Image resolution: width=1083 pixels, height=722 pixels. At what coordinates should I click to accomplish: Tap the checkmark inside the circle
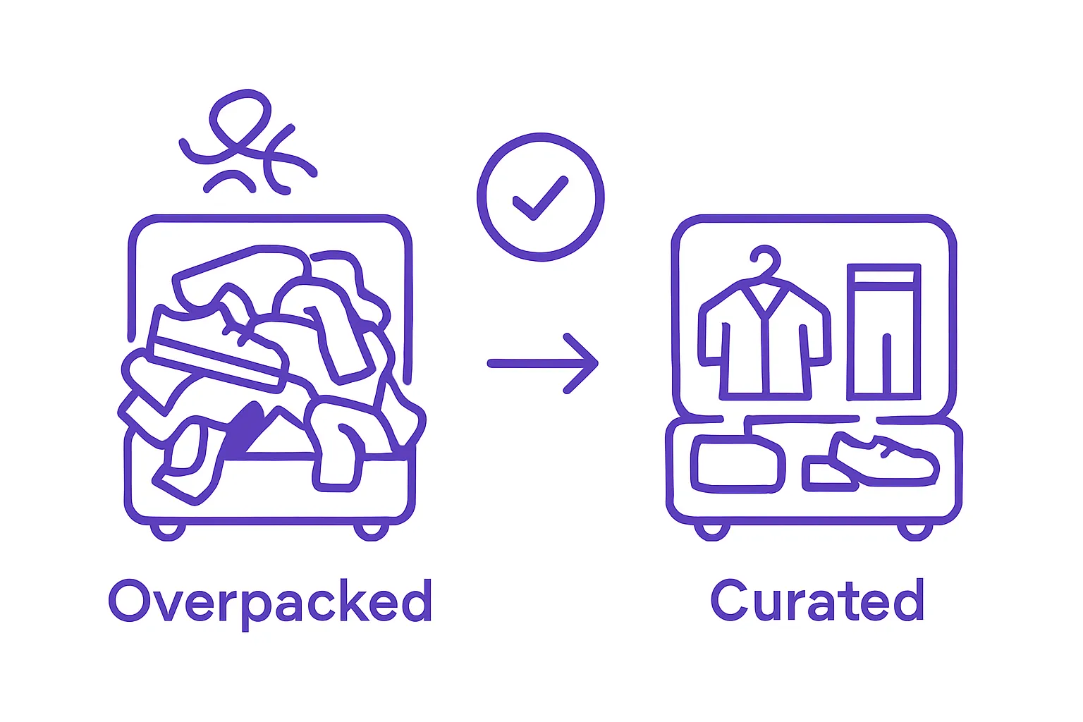[x=540, y=198]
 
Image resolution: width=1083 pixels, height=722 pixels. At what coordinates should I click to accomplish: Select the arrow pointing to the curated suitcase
[x=543, y=363]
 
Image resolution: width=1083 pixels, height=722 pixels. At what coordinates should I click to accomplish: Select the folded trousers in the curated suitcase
[x=883, y=332]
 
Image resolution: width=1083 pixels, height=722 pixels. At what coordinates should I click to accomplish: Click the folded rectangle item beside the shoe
[x=738, y=464]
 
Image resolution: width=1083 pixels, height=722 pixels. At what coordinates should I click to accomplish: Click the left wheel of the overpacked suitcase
[x=168, y=532]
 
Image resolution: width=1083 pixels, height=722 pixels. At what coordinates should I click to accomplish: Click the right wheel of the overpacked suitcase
[x=372, y=532]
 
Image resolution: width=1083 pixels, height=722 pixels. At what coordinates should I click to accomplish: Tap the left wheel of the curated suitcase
[x=711, y=532]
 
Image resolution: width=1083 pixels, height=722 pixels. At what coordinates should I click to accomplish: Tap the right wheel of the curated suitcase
[x=915, y=532]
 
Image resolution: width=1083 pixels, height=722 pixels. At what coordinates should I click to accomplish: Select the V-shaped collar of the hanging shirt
[x=765, y=300]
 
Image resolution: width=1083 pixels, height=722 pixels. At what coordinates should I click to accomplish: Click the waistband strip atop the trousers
[x=883, y=276]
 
